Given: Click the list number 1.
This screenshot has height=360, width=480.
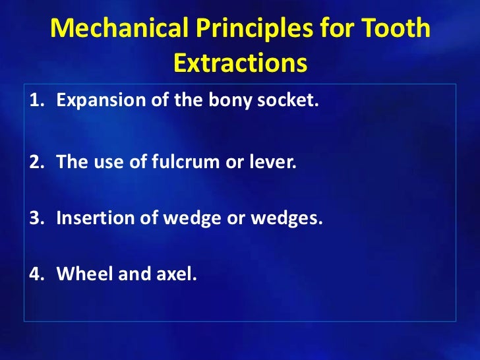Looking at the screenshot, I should click(34, 102).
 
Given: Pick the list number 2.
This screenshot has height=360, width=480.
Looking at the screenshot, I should click(34, 162).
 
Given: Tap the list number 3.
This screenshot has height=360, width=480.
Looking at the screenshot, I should click(34, 218).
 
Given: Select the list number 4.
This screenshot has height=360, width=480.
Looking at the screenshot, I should click(34, 274).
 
